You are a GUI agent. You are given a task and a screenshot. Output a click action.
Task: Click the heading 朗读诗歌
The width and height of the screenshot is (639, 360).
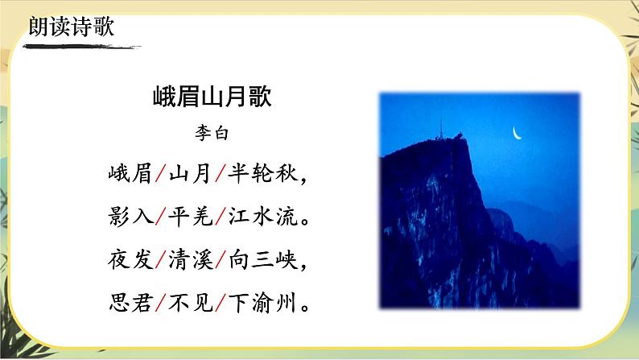(x=70, y=27)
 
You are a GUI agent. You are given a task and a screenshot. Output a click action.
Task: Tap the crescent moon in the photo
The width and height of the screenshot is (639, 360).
(x=519, y=131)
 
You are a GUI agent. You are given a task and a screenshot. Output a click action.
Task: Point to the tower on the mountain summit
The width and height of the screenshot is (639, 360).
(x=440, y=129)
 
